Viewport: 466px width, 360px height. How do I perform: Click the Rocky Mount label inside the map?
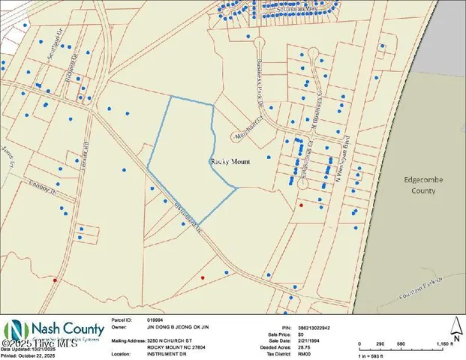click(228, 161)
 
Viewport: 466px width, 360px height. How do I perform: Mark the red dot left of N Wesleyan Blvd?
click(301, 205)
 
